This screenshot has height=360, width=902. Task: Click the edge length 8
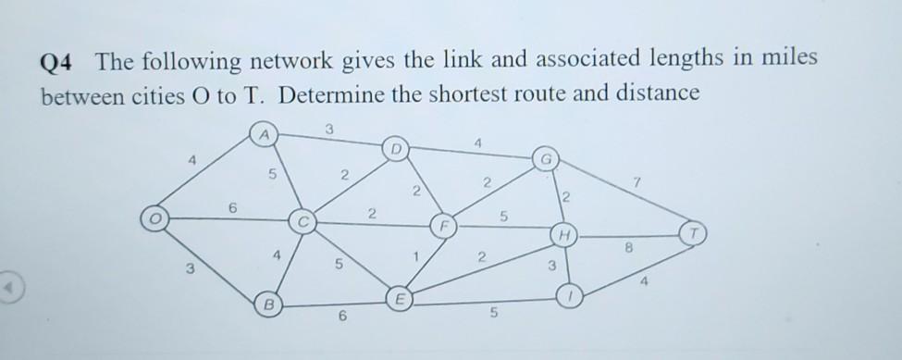[631, 246]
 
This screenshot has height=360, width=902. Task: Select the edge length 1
[419, 255]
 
